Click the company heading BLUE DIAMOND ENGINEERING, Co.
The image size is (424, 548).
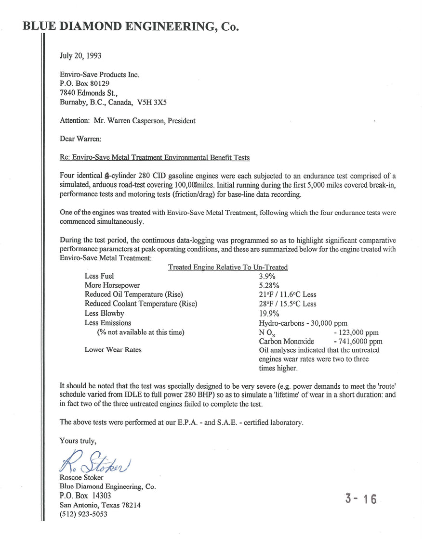131,26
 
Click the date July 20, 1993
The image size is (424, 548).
80,55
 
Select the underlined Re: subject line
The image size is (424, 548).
154,157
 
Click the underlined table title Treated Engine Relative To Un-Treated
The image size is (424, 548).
227,267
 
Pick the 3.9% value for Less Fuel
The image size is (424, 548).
267,276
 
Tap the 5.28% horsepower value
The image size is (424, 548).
269,285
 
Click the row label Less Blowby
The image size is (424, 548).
104,313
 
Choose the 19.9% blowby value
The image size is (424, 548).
269,313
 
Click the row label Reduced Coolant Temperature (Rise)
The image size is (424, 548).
141,304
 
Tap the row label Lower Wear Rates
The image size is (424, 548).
113,350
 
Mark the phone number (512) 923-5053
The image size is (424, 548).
83,514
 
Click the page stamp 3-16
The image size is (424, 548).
361,499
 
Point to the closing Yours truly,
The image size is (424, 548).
78,440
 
